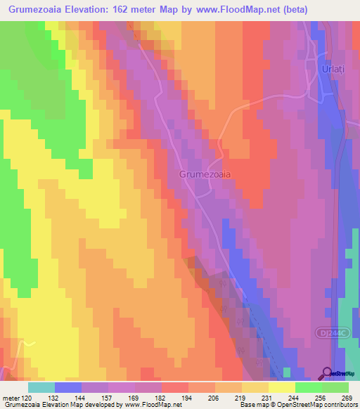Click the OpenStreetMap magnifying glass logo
coord(327,372)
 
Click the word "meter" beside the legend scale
coord(11,398)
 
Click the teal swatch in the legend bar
coord(41,387)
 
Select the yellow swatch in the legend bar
coord(281,387)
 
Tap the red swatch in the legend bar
coord(175,387)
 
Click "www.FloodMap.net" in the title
coord(225,9)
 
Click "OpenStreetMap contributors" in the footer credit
coord(325,405)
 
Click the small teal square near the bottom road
coord(287,372)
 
